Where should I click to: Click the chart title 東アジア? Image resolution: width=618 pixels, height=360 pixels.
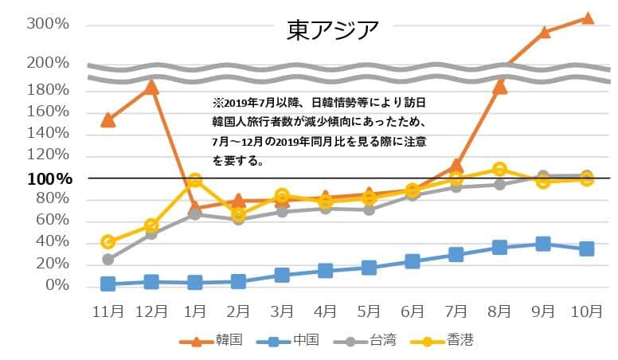(333, 29)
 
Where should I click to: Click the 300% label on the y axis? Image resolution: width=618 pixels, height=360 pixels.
(47, 24)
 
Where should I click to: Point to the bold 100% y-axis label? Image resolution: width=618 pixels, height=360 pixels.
(49, 179)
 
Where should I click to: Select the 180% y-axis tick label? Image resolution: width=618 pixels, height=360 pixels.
(47, 89)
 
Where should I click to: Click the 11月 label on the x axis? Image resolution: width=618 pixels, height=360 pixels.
(108, 311)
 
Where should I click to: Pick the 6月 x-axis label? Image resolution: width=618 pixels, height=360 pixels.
(413, 311)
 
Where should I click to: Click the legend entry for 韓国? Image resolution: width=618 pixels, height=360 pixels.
(211, 340)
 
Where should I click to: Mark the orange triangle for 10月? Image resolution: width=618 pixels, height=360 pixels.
(587, 18)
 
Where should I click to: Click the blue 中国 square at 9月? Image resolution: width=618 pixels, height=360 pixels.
(543, 244)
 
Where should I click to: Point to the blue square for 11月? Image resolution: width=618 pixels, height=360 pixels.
(108, 284)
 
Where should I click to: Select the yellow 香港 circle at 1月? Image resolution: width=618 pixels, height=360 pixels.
(195, 181)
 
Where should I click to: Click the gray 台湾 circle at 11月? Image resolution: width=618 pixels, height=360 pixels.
(108, 259)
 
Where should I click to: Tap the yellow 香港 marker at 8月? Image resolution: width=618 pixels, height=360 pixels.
(499, 169)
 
